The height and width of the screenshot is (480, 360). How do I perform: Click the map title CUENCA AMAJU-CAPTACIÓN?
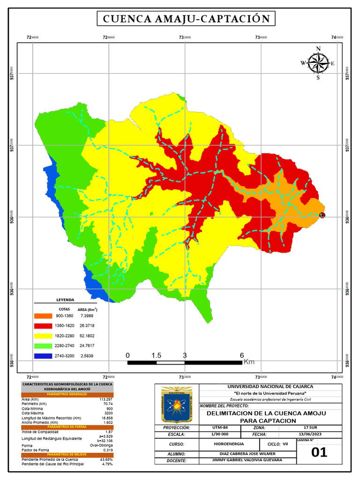(x=186, y=19)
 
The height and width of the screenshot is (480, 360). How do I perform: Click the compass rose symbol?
(x=318, y=63)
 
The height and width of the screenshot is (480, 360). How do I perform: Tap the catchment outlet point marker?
(x=322, y=215)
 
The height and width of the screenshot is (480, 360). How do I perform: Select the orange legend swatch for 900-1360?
(x=43, y=317)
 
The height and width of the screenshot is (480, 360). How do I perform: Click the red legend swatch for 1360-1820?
(x=43, y=326)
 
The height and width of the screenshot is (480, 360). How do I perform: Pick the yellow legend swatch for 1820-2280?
(x=43, y=336)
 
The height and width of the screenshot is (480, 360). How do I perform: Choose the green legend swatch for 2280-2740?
(x=43, y=346)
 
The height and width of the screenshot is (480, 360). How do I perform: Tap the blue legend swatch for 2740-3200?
(x=43, y=356)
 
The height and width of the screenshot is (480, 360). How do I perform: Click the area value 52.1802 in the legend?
(x=87, y=336)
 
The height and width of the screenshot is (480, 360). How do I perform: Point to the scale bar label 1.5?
(x=156, y=355)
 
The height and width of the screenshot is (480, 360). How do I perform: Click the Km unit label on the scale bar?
(x=249, y=362)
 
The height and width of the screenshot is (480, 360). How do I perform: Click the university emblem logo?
(x=177, y=405)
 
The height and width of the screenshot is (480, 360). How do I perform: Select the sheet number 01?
(x=319, y=452)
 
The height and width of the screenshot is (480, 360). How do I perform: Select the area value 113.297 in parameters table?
(x=105, y=399)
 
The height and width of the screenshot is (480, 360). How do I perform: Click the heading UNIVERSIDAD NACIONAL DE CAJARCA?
(x=270, y=386)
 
